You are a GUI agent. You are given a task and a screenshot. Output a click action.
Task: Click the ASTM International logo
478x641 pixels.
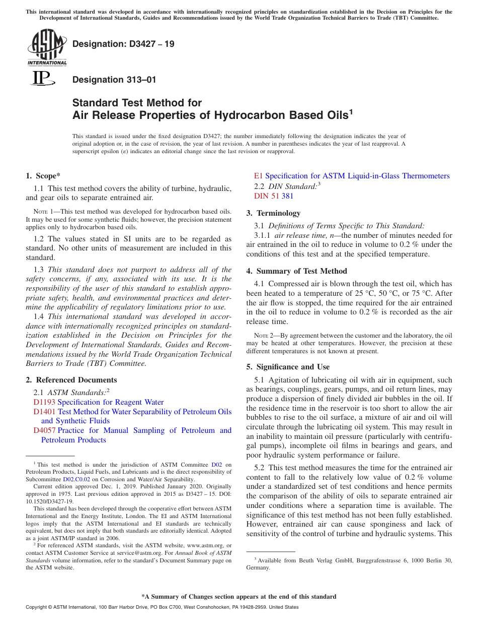[x=46, y=47]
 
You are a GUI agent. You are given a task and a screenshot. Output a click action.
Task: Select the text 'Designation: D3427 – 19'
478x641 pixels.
[x=123, y=44]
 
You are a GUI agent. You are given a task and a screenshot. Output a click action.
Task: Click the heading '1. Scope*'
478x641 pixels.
[x=43, y=176]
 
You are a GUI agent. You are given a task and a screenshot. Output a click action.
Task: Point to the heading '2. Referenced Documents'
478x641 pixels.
[x=71, y=380]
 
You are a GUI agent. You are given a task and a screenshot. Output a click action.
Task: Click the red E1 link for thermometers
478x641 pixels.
[x=258, y=176]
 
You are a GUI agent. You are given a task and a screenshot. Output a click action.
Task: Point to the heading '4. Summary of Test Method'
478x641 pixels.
[x=296, y=271]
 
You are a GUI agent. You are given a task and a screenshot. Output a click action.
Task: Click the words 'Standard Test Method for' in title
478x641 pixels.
[x=137, y=103]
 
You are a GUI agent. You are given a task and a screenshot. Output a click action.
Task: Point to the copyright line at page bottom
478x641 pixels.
[x=162, y=607]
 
